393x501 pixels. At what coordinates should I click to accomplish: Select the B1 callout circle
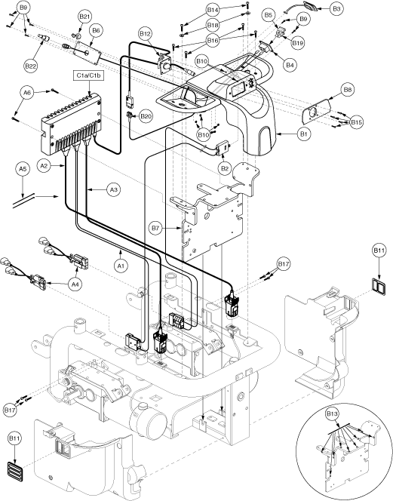[303, 134]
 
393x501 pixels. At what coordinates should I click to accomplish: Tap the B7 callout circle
[155, 229]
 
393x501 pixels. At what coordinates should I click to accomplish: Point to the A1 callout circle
[121, 266]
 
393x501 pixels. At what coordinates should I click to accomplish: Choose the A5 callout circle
[23, 169]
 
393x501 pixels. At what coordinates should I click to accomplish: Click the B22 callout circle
[31, 66]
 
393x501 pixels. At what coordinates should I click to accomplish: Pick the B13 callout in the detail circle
[333, 414]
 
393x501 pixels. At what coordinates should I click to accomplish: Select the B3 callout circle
[336, 9]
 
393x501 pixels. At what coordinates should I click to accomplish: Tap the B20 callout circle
[146, 116]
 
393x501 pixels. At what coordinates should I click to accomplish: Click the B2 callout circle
[225, 168]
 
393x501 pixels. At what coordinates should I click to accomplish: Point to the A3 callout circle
[114, 190]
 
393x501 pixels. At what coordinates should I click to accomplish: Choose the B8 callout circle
[348, 90]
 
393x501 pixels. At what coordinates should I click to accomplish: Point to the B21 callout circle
[84, 17]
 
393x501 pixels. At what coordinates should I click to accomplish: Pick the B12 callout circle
[146, 33]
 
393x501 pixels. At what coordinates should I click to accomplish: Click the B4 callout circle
[290, 65]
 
